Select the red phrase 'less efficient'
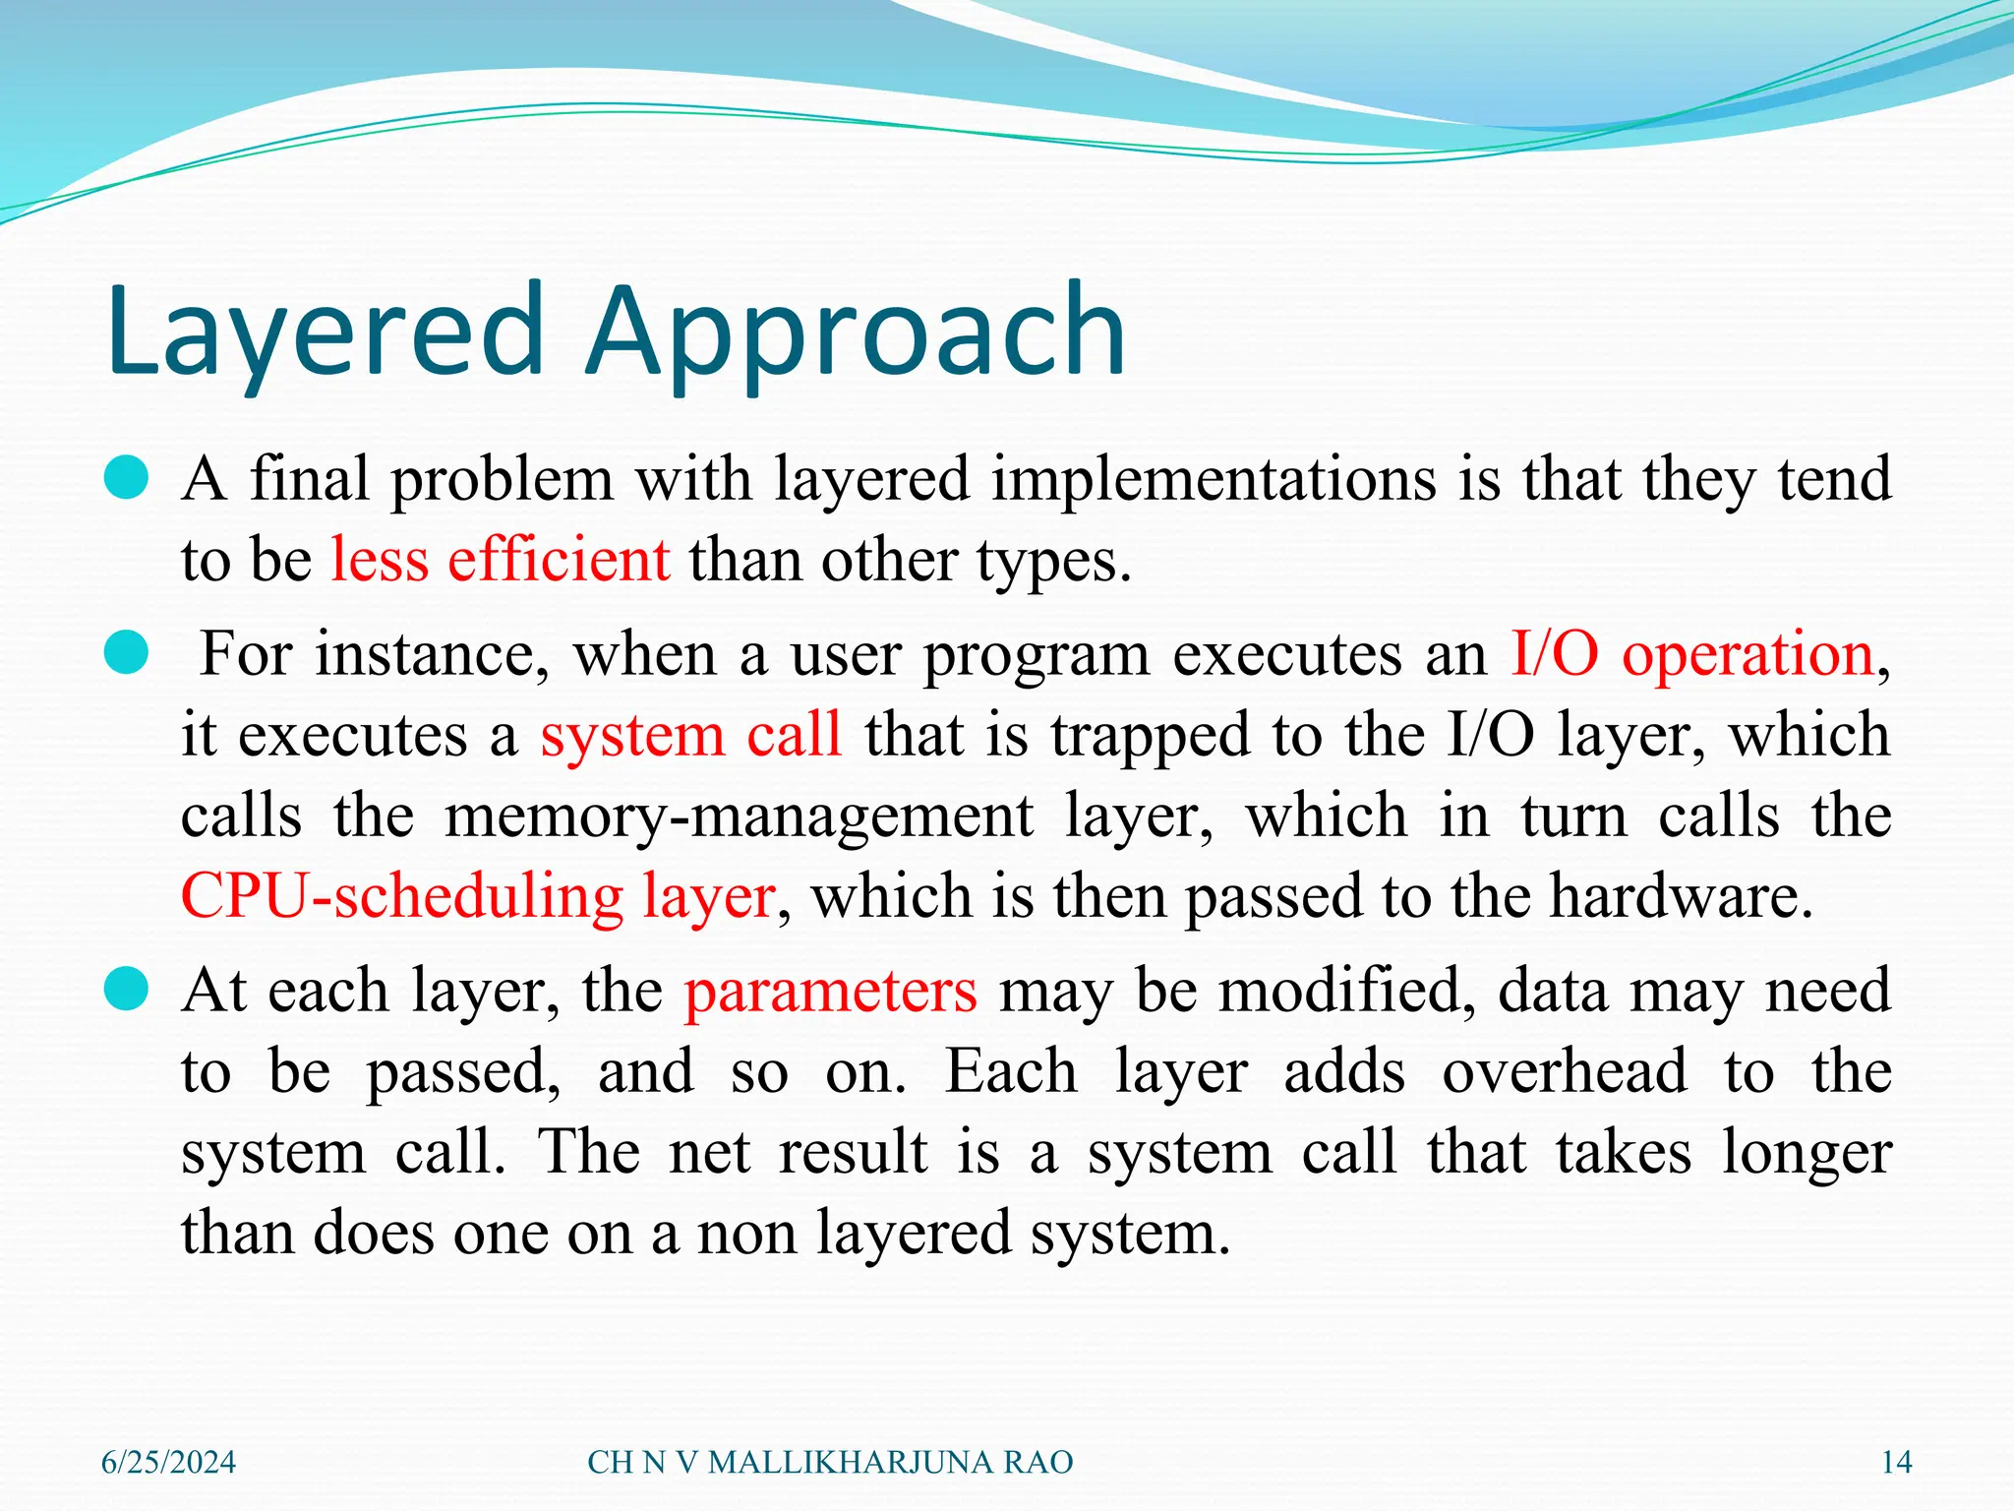point(500,560)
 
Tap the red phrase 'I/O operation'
point(1691,654)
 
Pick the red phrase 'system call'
point(690,735)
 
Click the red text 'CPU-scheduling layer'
point(478,896)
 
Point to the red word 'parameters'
point(830,991)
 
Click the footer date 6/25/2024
point(168,1463)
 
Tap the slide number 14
point(1896,1463)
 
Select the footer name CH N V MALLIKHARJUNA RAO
point(830,1463)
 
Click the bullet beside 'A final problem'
point(126,479)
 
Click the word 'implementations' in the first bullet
point(1213,479)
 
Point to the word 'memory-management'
point(739,816)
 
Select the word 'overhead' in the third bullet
point(1565,1071)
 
